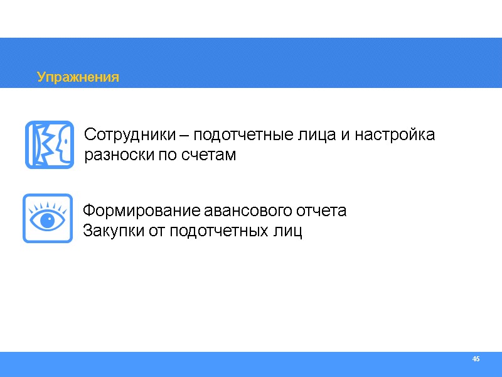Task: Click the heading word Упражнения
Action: pos(78,77)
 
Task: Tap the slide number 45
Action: pos(476,359)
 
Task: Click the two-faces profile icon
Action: pos(49,145)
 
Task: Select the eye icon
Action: pos(47,218)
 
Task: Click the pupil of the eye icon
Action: pos(47,221)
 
